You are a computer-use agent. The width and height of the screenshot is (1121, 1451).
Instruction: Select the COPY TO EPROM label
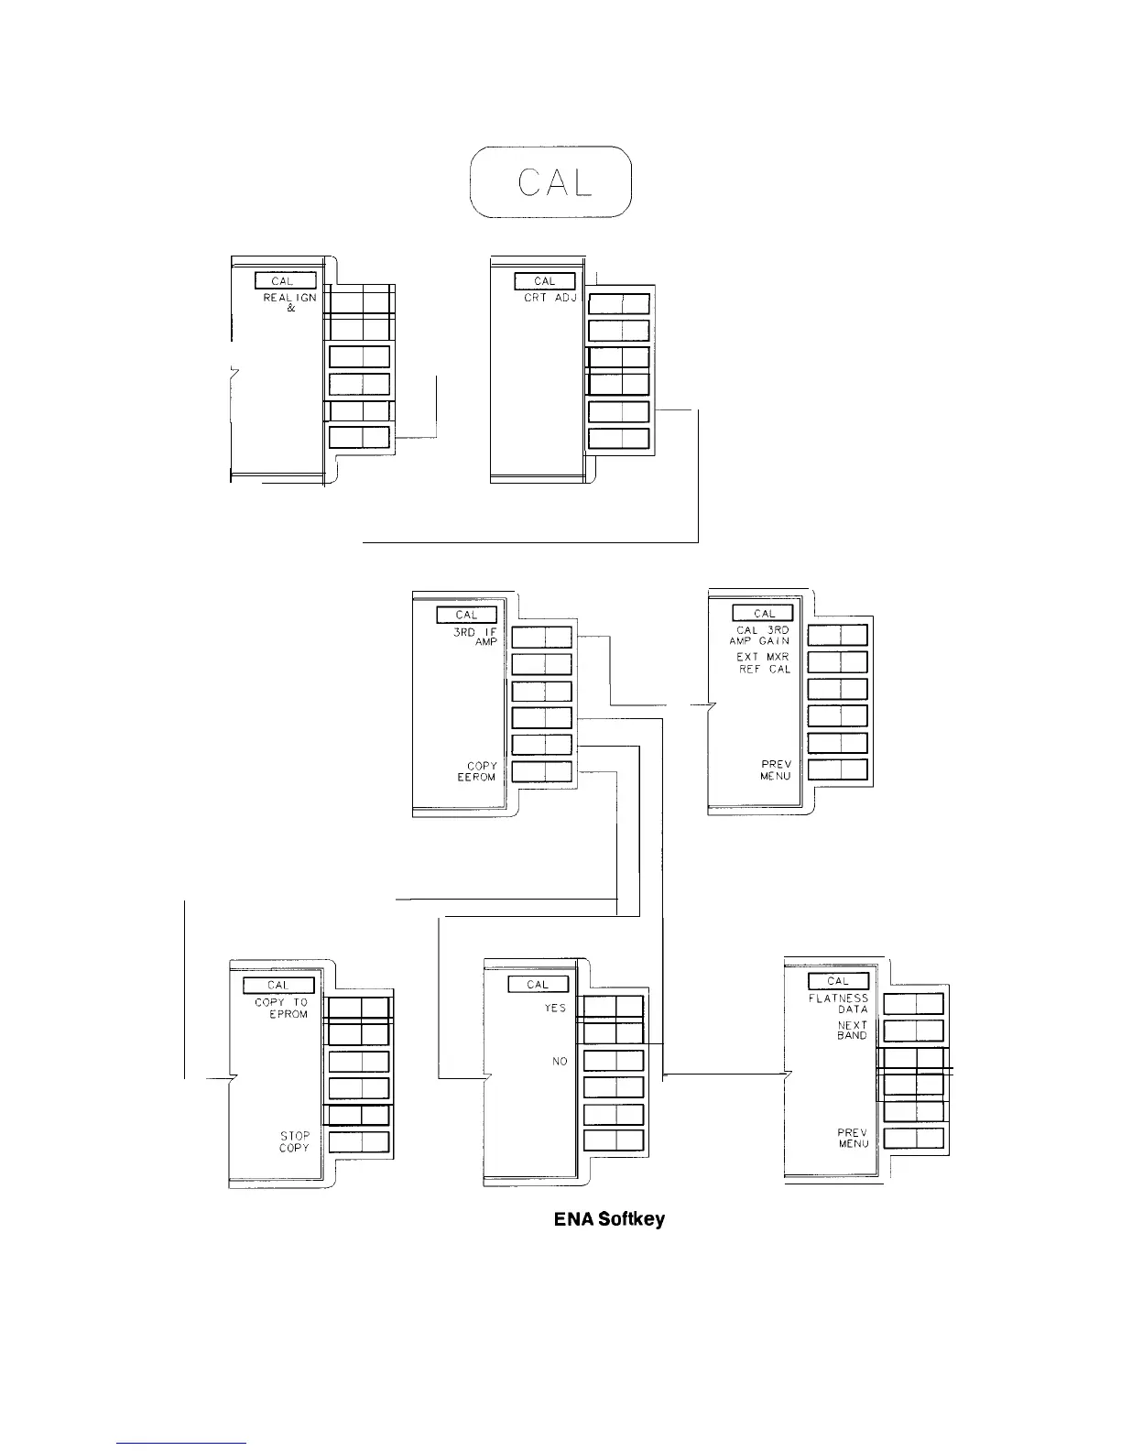(x=281, y=1008)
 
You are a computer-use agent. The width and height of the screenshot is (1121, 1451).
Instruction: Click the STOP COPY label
(x=295, y=1141)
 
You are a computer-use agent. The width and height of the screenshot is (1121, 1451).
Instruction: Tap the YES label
(x=556, y=1009)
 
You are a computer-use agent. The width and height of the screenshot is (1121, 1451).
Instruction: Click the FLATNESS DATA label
(x=838, y=1004)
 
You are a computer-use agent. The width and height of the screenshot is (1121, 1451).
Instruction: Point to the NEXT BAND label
(x=853, y=1031)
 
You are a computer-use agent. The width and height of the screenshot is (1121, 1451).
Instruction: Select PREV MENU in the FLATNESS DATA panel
(x=854, y=1138)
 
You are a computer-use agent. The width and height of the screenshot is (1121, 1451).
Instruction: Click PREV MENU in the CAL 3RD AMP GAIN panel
(x=775, y=770)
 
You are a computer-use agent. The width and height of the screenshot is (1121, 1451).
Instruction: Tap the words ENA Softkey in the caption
(x=609, y=1220)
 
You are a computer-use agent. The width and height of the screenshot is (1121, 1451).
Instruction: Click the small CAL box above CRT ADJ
(x=545, y=281)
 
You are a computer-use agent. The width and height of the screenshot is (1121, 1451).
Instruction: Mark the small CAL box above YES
(x=539, y=984)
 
